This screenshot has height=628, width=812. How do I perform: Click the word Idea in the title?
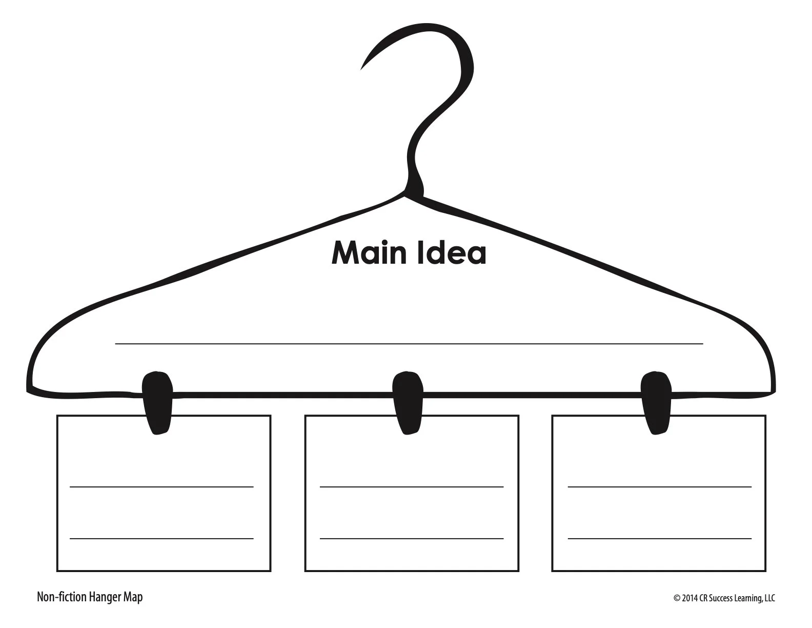[450, 253]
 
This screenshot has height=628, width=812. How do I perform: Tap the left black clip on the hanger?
[157, 402]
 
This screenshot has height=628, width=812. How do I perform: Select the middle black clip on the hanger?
[408, 402]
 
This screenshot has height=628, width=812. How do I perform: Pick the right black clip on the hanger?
[657, 402]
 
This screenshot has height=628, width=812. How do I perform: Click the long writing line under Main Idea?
[409, 344]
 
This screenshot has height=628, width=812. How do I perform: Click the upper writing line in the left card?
[161, 486]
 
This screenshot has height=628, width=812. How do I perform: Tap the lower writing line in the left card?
[161, 538]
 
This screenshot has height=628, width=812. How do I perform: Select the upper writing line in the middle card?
[411, 486]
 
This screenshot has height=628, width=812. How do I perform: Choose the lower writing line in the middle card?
[411, 538]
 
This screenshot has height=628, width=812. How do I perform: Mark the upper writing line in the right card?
[659, 486]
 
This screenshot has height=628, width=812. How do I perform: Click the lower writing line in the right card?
[659, 538]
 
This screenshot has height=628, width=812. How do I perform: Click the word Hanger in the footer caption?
[105, 597]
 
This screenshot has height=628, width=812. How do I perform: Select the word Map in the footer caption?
[133, 597]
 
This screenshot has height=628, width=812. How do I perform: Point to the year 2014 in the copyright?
[690, 598]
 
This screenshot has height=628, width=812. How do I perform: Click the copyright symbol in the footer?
[677, 598]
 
